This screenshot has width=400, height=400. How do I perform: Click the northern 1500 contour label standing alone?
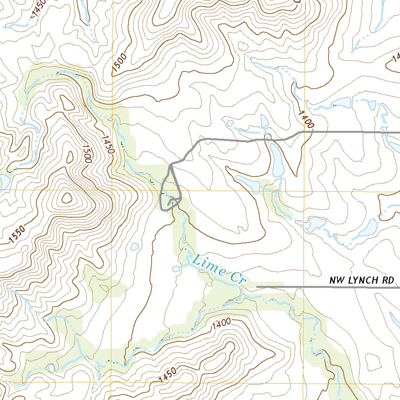click(119, 62)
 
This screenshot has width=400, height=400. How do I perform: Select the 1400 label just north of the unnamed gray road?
click(306, 119)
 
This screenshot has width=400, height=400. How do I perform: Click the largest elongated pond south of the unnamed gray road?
click(277, 161)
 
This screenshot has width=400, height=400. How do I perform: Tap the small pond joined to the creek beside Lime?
click(176, 269)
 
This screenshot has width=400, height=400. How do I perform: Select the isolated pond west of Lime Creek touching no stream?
click(135, 246)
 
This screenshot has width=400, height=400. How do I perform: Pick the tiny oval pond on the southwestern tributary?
click(51, 368)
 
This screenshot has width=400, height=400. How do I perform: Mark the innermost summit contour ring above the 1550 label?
click(67, 198)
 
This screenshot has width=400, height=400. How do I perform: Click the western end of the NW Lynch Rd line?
click(257, 287)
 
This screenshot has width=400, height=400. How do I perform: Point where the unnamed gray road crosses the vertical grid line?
click(304, 132)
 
